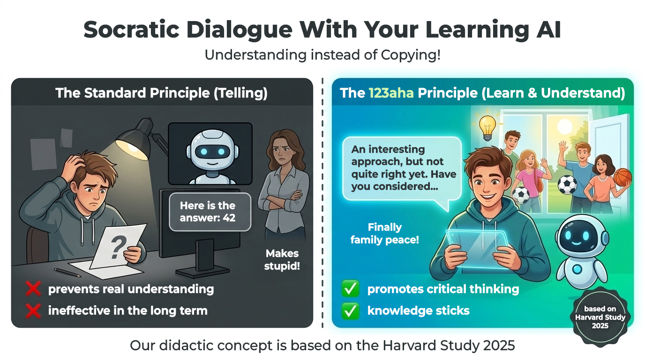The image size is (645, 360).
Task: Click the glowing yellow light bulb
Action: [x=487, y=127]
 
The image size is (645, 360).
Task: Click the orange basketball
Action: [x=622, y=177]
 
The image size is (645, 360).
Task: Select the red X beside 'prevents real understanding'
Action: [x=33, y=289]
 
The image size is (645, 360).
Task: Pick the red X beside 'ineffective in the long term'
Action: [x=33, y=311]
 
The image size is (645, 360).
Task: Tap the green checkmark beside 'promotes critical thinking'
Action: [x=351, y=289]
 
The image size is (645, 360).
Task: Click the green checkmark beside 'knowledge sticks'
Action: [x=351, y=311]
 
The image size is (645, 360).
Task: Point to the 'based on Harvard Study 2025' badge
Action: [x=600, y=317]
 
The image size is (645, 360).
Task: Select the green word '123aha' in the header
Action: [x=391, y=93]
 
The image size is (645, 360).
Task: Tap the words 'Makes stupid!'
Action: [x=282, y=260]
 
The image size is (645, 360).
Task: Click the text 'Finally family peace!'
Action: [x=384, y=233]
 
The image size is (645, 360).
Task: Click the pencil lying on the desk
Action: [x=67, y=272]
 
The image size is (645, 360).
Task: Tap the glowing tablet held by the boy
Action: [x=477, y=247]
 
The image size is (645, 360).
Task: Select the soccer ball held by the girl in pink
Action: [x=521, y=195]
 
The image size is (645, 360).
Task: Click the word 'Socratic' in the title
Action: [x=132, y=30]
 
